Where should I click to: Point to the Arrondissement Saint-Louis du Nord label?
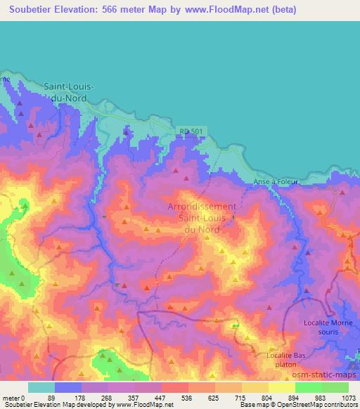pos(202,218)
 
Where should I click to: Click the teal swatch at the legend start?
pos(41,387)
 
